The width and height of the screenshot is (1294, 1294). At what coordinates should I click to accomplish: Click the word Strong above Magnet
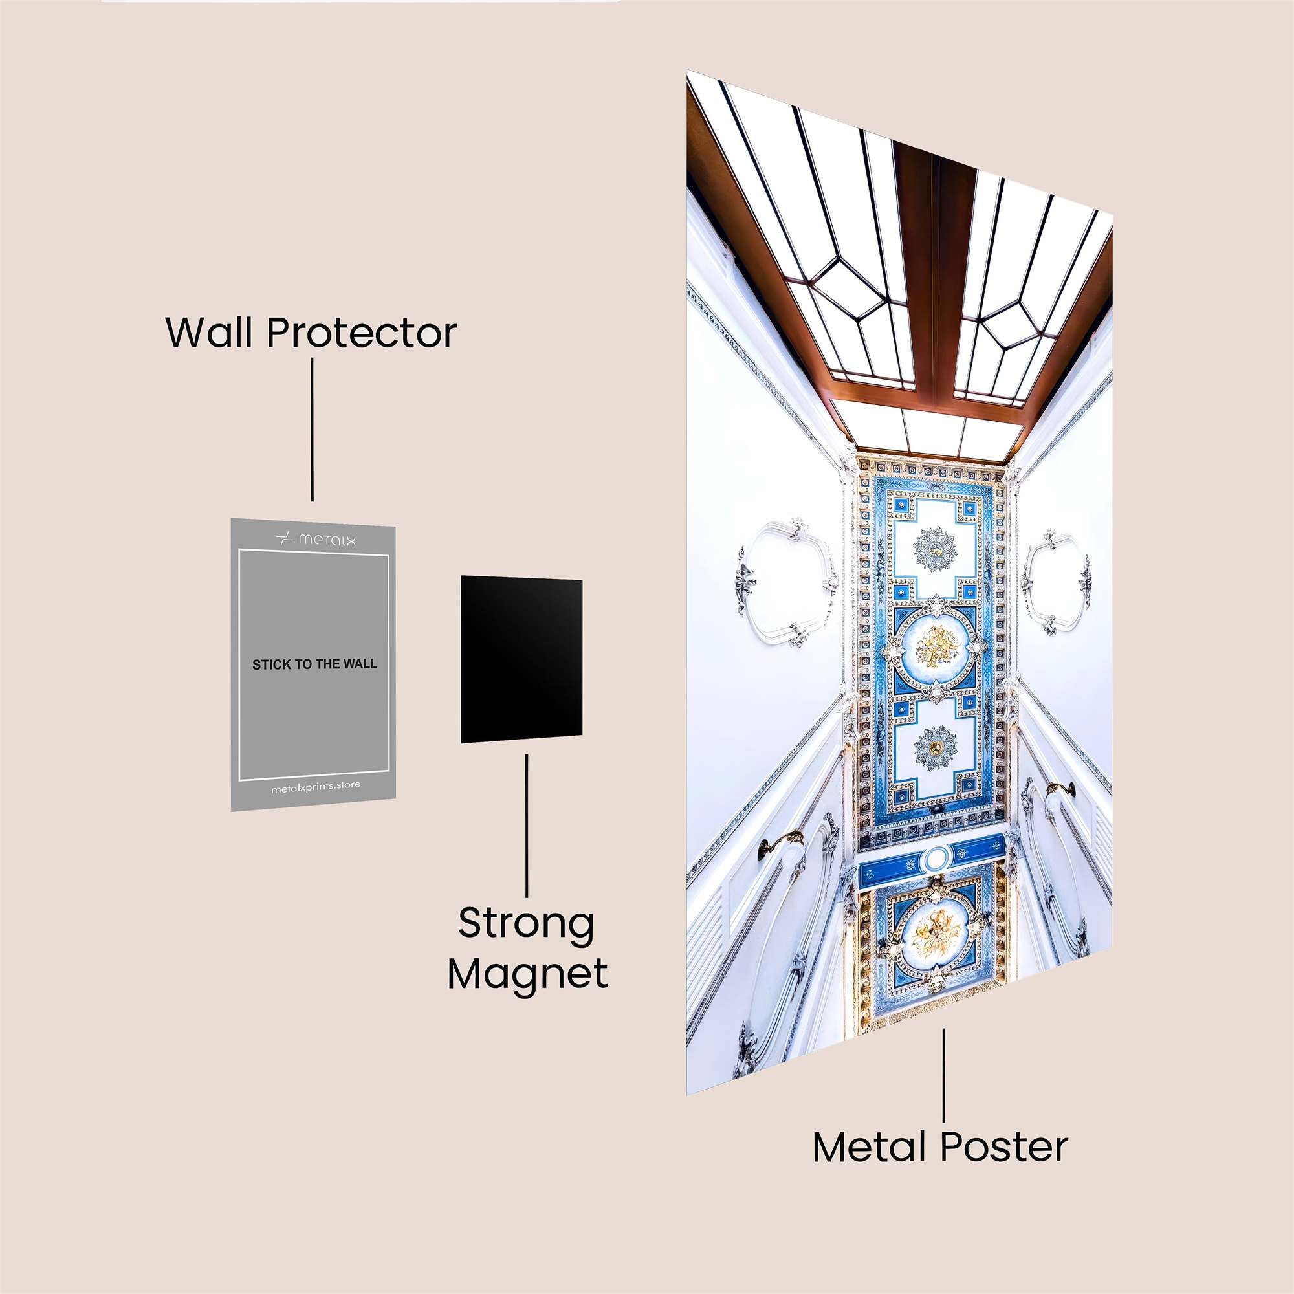pyautogui.click(x=527, y=924)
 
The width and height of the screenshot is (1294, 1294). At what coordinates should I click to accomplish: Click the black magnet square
pyautogui.click(x=521, y=660)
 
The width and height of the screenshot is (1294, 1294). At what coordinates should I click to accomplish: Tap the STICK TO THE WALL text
pyautogui.click(x=314, y=664)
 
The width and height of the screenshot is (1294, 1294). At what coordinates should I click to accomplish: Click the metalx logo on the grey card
pyautogui.click(x=316, y=538)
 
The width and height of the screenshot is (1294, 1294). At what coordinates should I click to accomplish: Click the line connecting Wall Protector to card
pyautogui.click(x=312, y=429)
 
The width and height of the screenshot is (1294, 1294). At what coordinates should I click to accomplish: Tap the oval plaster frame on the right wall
pyautogui.click(x=1058, y=582)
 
